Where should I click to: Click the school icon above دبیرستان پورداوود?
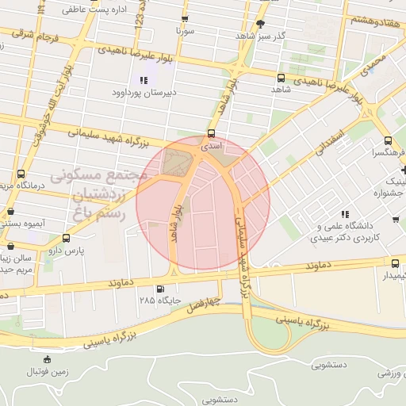point(144,79)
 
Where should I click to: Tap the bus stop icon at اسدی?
point(211,133)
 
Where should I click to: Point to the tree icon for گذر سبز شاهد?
point(261,24)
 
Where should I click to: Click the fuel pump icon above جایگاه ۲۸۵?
point(162,289)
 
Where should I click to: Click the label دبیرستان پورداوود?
point(143,91)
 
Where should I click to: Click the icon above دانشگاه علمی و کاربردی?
point(344,214)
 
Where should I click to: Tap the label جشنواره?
point(388,192)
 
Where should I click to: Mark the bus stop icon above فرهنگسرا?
point(377,137)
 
